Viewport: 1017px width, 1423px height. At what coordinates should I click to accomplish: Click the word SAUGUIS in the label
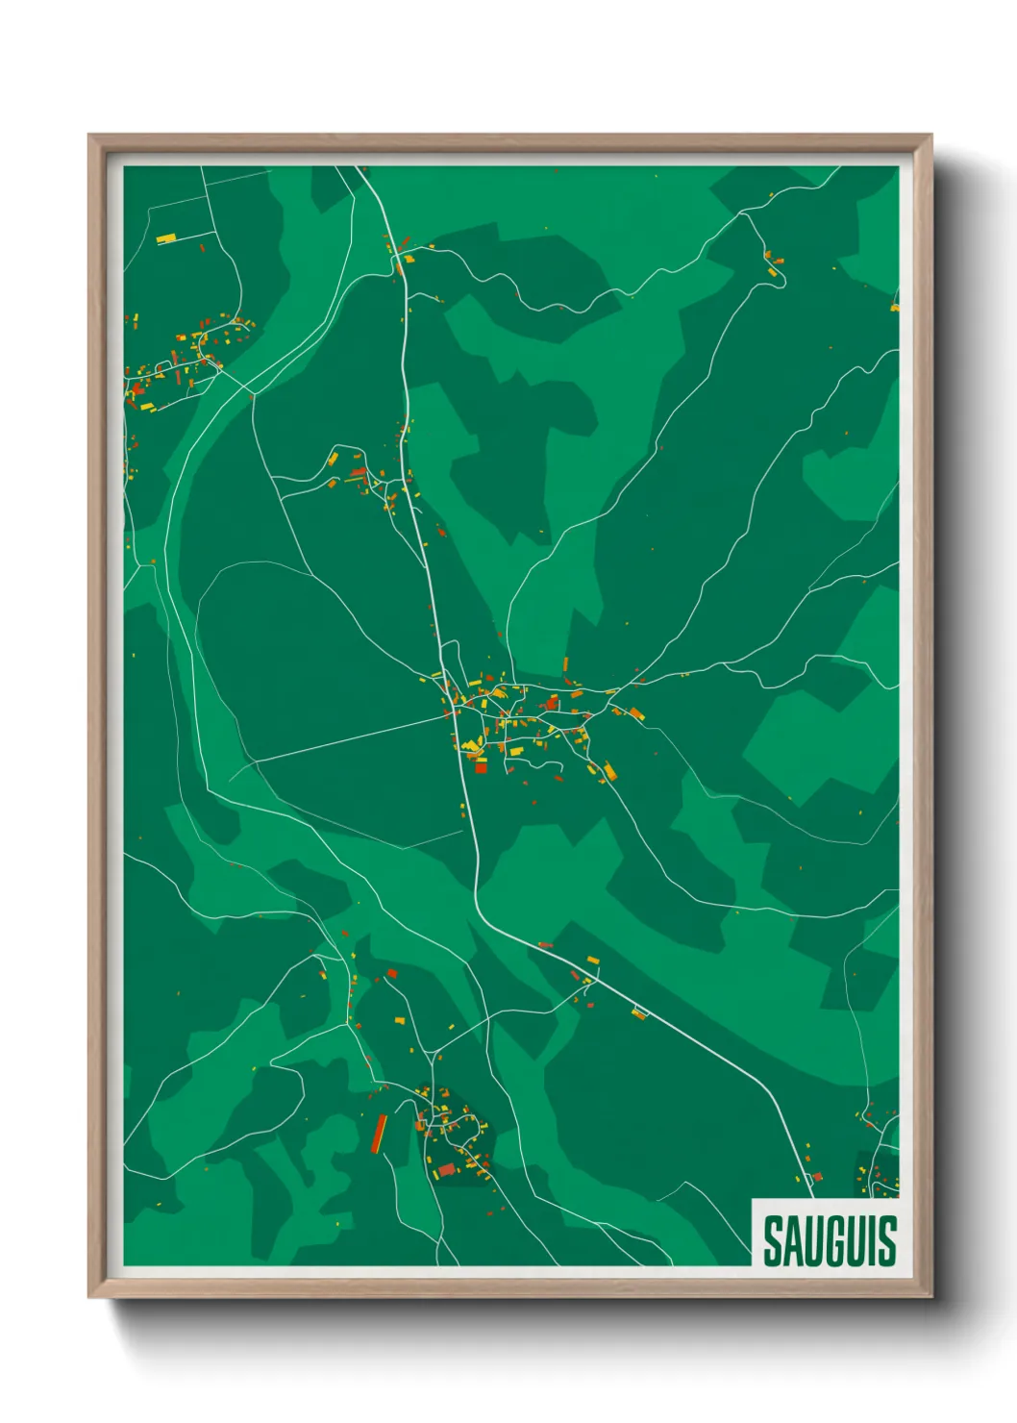[830, 1241]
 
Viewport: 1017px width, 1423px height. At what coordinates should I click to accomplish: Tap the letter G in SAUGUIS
[829, 1241]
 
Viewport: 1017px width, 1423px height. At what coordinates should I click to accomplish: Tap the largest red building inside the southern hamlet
[446, 1169]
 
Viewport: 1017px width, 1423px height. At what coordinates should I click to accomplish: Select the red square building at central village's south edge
[481, 766]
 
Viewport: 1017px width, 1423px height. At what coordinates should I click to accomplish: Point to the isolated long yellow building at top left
[166, 237]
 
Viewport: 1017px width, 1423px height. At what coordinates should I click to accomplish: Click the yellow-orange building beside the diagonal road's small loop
[639, 1011]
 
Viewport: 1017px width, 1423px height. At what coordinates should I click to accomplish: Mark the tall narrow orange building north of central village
[565, 664]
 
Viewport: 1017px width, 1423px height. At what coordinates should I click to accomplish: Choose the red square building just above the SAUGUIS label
[818, 1176]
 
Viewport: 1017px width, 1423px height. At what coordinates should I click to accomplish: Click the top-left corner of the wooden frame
[90, 137]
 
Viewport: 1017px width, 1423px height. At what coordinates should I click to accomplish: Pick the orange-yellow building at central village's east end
[634, 713]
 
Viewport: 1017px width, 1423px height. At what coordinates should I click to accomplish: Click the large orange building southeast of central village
[608, 770]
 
